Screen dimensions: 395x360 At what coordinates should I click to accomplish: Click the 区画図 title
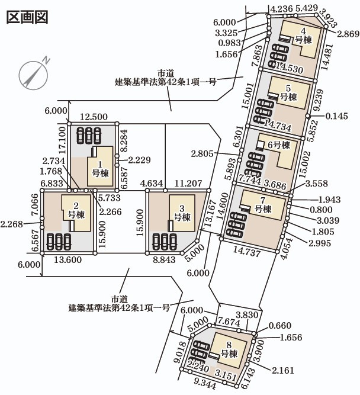27,16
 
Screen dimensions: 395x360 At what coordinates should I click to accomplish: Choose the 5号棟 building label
288,93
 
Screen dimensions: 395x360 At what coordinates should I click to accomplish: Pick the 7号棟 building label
263,205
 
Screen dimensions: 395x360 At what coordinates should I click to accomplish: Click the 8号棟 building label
229,349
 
